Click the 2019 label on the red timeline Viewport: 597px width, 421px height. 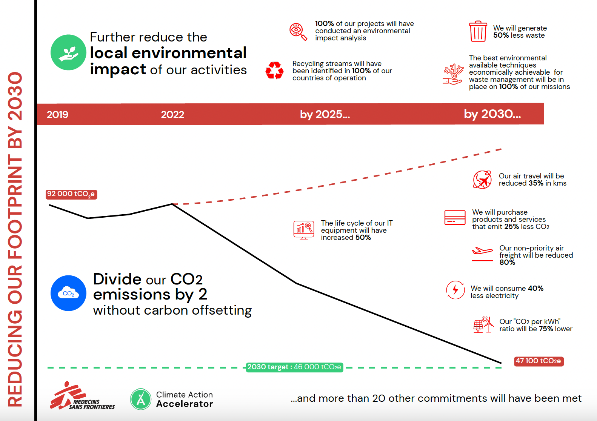click(x=58, y=115)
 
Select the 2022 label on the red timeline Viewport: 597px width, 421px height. click(x=172, y=115)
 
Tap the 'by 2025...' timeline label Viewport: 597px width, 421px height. click(x=325, y=114)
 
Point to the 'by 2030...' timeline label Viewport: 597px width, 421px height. click(x=492, y=114)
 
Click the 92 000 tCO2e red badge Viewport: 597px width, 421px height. click(x=71, y=194)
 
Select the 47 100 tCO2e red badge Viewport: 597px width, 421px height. click(x=539, y=361)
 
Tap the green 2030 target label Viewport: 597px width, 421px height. click(x=294, y=367)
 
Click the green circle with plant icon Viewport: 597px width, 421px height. click(x=68, y=52)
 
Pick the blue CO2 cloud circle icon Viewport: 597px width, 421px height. click(x=69, y=293)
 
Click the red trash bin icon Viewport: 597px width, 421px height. click(x=478, y=31)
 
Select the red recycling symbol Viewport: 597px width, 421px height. click(x=274, y=71)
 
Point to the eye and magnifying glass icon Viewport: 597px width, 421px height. click(x=298, y=32)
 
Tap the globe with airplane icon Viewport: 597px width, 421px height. click(x=482, y=180)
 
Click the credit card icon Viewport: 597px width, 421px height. click(x=455, y=217)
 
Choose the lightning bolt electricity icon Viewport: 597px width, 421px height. click(x=455, y=290)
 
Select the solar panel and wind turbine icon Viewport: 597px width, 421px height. click(x=483, y=324)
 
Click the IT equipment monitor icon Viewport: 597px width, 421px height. click(x=303, y=230)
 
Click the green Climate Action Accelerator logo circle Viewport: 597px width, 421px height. click(x=141, y=399)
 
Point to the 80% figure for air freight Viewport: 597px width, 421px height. click(x=507, y=263)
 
